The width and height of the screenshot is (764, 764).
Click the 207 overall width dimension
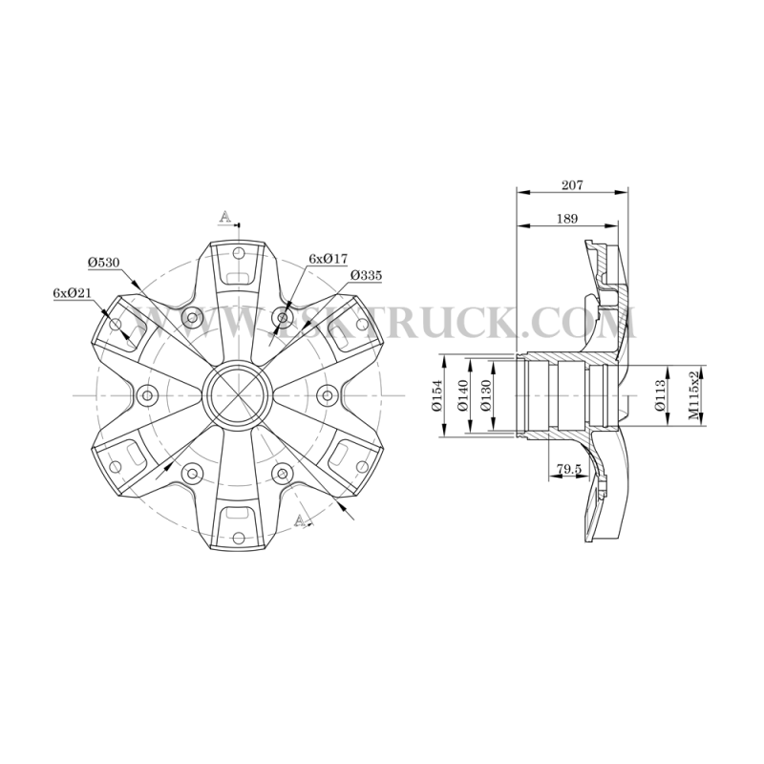(572, 185)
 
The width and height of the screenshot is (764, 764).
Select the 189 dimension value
(566, 219)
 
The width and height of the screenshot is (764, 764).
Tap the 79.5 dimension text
(569, 469)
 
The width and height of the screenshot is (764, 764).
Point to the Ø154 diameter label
(436, 395)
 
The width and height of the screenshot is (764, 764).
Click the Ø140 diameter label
(462, 395)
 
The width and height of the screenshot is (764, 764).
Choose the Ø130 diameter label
(486, 395)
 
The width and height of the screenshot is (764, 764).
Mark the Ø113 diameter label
(661, 395)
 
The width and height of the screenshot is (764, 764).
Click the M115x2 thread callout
(693, 395)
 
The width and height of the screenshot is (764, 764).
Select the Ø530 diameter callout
(104, 263)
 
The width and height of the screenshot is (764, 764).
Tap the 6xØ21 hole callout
(73, 293)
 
